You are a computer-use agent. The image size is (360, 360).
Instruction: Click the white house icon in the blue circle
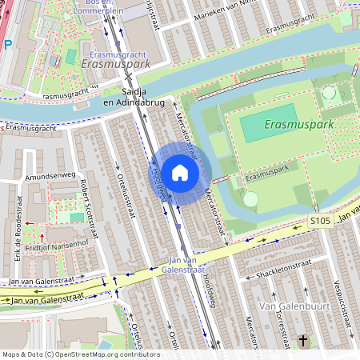180,173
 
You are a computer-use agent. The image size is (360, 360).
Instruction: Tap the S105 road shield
320,220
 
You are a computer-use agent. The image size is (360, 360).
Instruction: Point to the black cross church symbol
303,342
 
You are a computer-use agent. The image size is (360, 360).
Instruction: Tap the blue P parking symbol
7,45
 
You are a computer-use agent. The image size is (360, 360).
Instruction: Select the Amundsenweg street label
50,174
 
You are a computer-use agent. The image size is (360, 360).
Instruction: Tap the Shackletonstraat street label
278,266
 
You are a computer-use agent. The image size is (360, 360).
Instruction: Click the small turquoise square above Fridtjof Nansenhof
77,218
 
